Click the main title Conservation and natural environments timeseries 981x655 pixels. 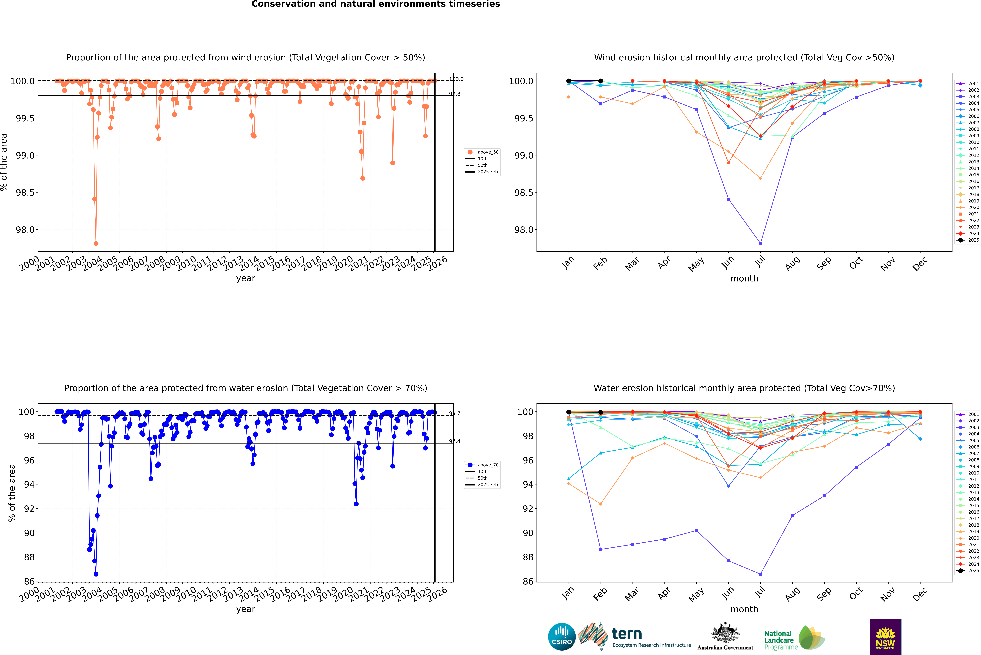tap(375, 4)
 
